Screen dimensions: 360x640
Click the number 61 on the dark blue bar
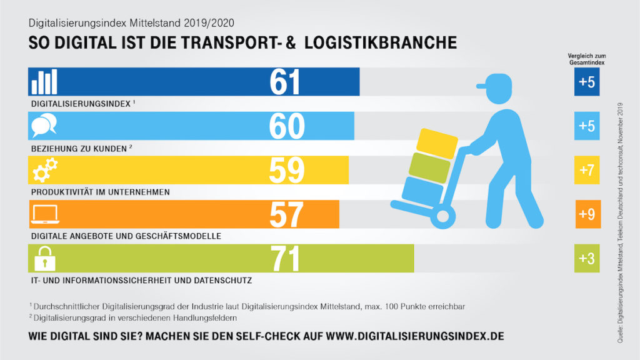coord(286,82)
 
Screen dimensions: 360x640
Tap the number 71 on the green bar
coord(286,259)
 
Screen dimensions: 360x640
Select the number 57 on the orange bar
coord(286,215)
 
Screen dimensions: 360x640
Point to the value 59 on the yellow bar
coord(286,171)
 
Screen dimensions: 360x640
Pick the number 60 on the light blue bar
coord(286,126)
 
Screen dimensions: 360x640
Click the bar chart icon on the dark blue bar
coord(44,82)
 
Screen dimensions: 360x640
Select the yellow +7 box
coord(587,171)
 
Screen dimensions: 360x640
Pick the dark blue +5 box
coord(587,82)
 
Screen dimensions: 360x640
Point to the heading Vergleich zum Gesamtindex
coord(587,59)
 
